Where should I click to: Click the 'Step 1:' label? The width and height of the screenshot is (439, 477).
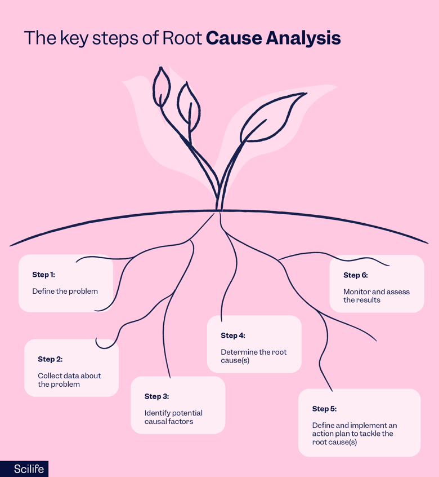[x=43, y=275]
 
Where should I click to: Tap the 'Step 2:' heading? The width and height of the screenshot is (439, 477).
[x=50, y=359]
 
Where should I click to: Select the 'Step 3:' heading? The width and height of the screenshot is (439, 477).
[x=156, y=396]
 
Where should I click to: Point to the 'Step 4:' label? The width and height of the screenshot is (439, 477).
[x=232, y=335]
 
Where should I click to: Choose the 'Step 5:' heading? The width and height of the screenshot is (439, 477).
[x=324, y=409]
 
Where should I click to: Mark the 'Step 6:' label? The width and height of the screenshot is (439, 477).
[x=355, y=275]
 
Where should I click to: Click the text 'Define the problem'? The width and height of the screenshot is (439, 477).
[x=65, y=291]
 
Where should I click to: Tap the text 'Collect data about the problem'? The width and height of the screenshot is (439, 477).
[x=69, y=380]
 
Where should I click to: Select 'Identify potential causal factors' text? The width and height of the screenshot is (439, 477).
[x=173, y=417]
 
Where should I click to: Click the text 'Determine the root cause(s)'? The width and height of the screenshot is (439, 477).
[x=253, y=356]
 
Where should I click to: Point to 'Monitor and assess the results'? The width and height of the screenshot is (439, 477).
[x=376, y=296]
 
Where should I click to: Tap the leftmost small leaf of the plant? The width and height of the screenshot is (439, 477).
[x=162, y=87]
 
